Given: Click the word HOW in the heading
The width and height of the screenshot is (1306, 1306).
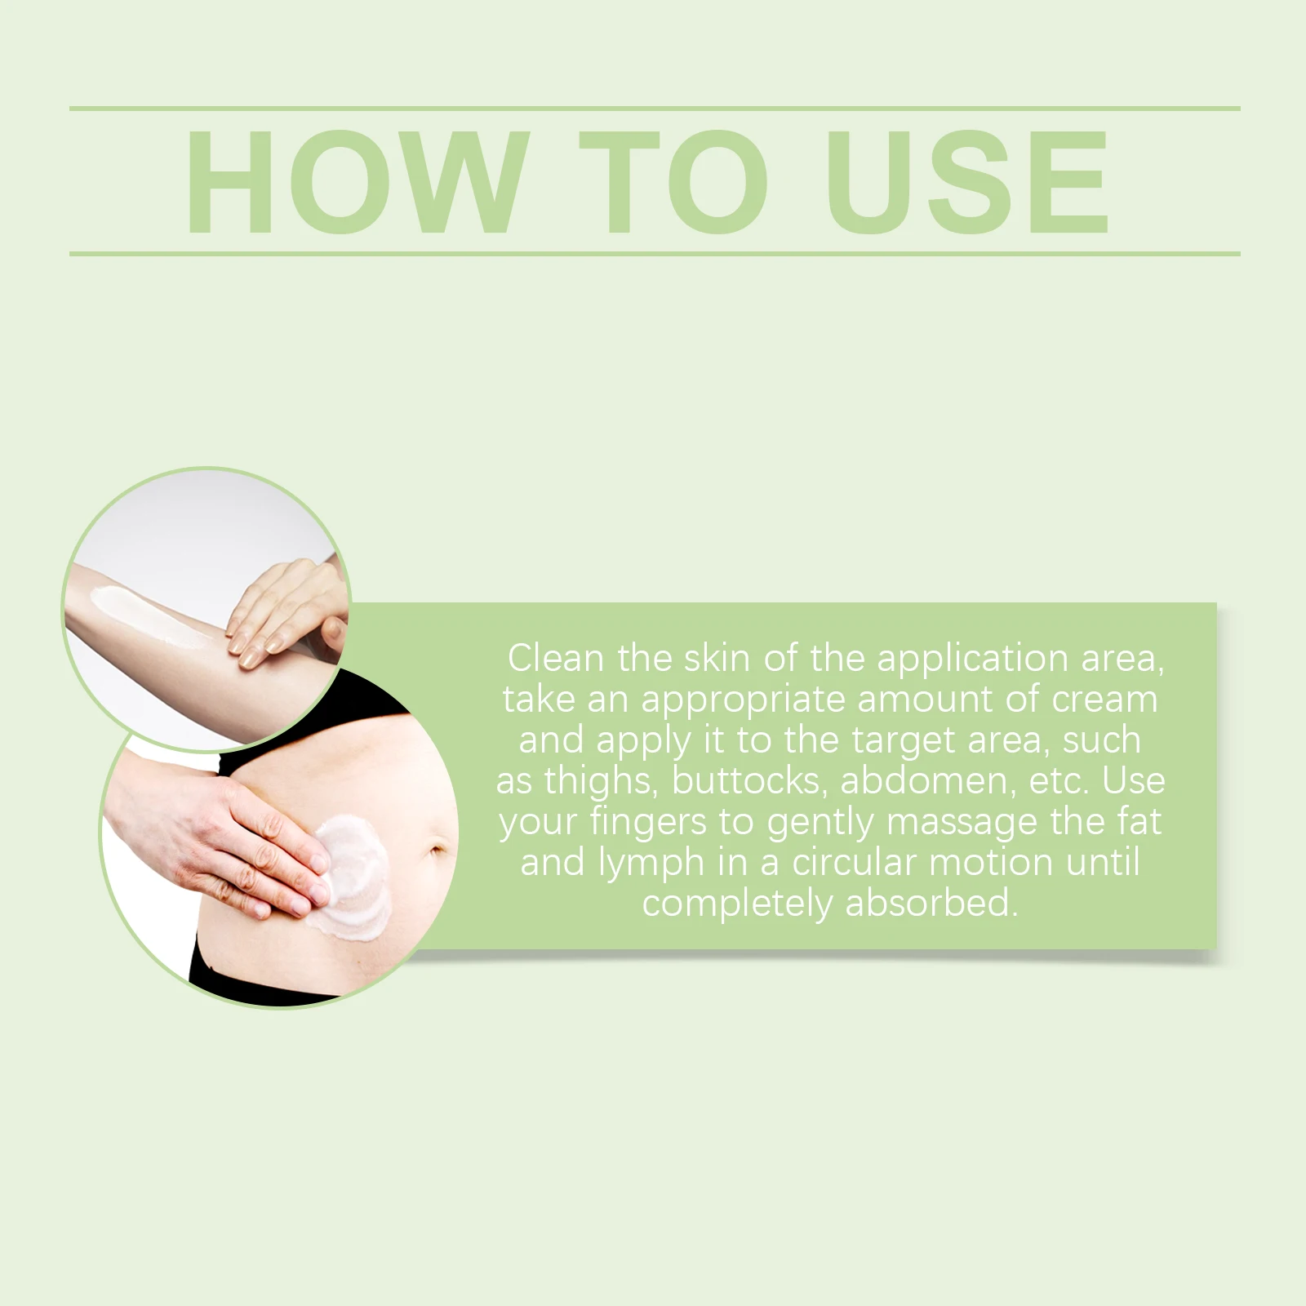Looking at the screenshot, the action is point(355,181).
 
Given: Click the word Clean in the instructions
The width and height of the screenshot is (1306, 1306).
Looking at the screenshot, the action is point(555,658).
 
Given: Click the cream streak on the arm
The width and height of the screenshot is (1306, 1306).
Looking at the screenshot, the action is point(160,618).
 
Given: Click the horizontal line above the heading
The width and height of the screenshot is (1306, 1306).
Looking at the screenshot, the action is point(655,108).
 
